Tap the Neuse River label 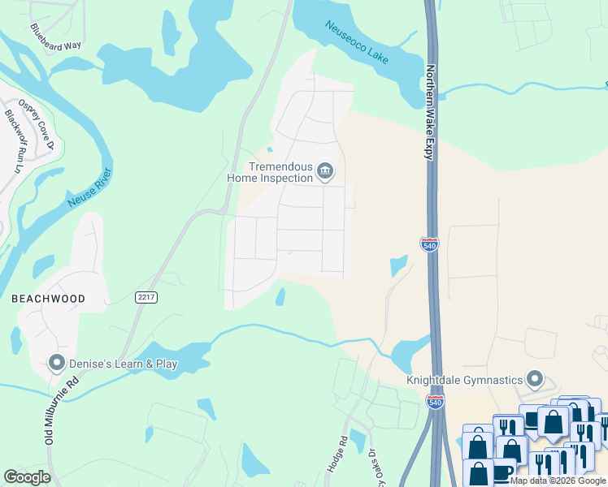click(90, 187)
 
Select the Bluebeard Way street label click(56, 37)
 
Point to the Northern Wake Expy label click(431, 113)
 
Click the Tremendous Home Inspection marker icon click(325, 170)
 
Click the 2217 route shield click(146, 298)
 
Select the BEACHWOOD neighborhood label click(48, 299)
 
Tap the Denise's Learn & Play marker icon click(57, 363)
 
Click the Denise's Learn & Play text click(124, 364)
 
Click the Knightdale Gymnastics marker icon click(535, 379)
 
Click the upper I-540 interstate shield click(429, 243)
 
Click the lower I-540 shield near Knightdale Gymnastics click(435, 402)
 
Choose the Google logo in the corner click(27, 477)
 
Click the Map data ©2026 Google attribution click(558, 481)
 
